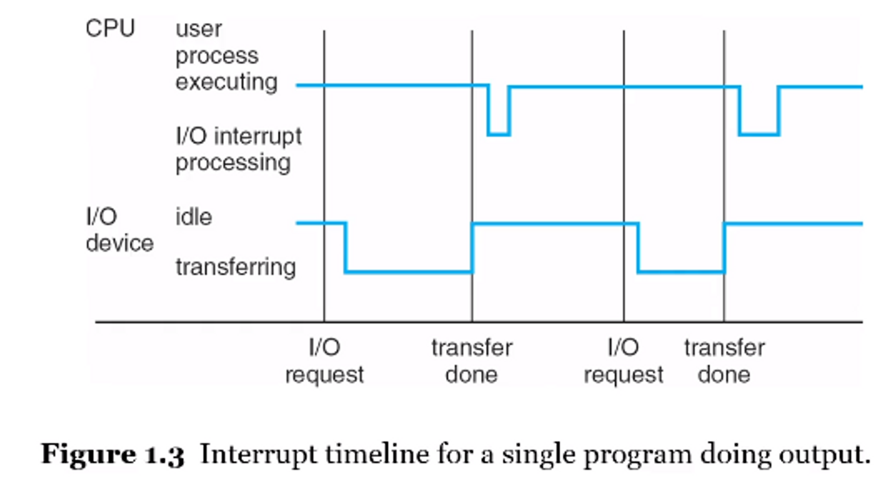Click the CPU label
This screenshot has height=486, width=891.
point(110,28)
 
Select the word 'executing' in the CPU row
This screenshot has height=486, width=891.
point(226,82)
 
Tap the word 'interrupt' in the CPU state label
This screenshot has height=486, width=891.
point(258,136)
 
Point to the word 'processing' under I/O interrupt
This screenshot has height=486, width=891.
point(233,163)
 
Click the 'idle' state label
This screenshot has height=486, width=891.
point(194,217)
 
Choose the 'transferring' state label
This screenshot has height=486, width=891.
point(236,267)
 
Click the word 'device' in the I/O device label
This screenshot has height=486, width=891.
point(119,243)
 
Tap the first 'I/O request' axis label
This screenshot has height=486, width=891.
point(324,361)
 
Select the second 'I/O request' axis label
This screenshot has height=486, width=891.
point(623,361)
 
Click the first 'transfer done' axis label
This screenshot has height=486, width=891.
point(472,361)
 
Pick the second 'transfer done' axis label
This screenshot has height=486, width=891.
point(724,361)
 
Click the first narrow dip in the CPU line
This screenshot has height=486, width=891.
point(499,134)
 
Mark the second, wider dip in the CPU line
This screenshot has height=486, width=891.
point(759,134)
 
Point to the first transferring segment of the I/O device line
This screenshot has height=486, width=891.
point(409,271)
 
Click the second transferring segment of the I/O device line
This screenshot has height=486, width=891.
point(681,271)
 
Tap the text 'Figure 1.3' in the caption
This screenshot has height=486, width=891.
point(113,454)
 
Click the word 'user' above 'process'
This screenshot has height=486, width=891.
point(198,29)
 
